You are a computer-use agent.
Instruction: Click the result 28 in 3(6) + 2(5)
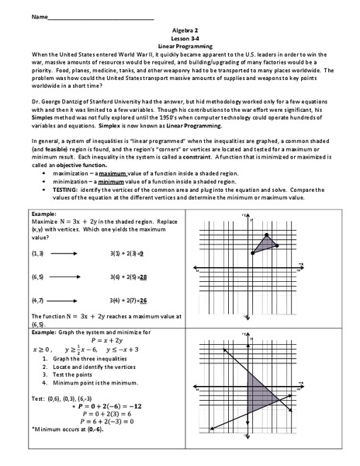click(144, 276)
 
